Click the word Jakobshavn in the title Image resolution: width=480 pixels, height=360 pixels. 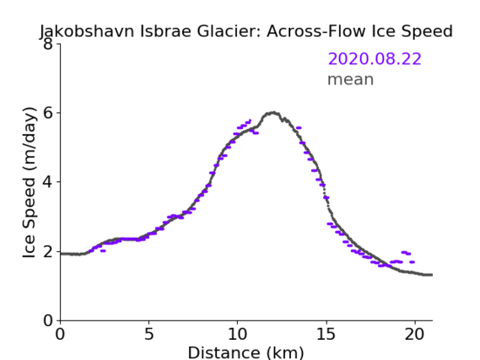tap(87, 31)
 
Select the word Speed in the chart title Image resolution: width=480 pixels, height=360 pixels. tap(428, 31)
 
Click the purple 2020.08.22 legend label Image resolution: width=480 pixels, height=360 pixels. tap(375, 59)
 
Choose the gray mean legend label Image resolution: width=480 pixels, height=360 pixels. tap(351, 79)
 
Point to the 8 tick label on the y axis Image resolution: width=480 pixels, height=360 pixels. tap(48, 44)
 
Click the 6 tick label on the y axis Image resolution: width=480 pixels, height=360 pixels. tap(48, 113)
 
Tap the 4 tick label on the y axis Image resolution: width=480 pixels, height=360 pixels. tap(48, 182)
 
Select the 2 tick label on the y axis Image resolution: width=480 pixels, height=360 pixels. tap(48, 251)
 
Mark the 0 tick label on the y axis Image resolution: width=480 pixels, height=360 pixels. tap(48, 320)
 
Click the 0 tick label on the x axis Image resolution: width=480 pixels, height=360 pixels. tap(60, 334)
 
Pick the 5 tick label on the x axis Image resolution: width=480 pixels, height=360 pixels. tap(148, 334)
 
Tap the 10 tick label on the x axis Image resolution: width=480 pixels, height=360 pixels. tap(238, 334)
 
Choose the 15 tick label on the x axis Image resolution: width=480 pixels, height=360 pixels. tap(326, 334)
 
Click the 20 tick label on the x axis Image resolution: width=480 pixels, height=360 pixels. tap(415, 334)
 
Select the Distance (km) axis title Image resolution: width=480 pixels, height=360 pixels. tap(245, 352)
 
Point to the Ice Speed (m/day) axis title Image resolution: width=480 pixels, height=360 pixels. tap(30, 182)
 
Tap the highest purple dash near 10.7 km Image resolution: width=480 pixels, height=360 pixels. tap(250, 121)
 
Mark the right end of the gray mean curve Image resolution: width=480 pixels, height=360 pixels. tap(431, 275)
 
